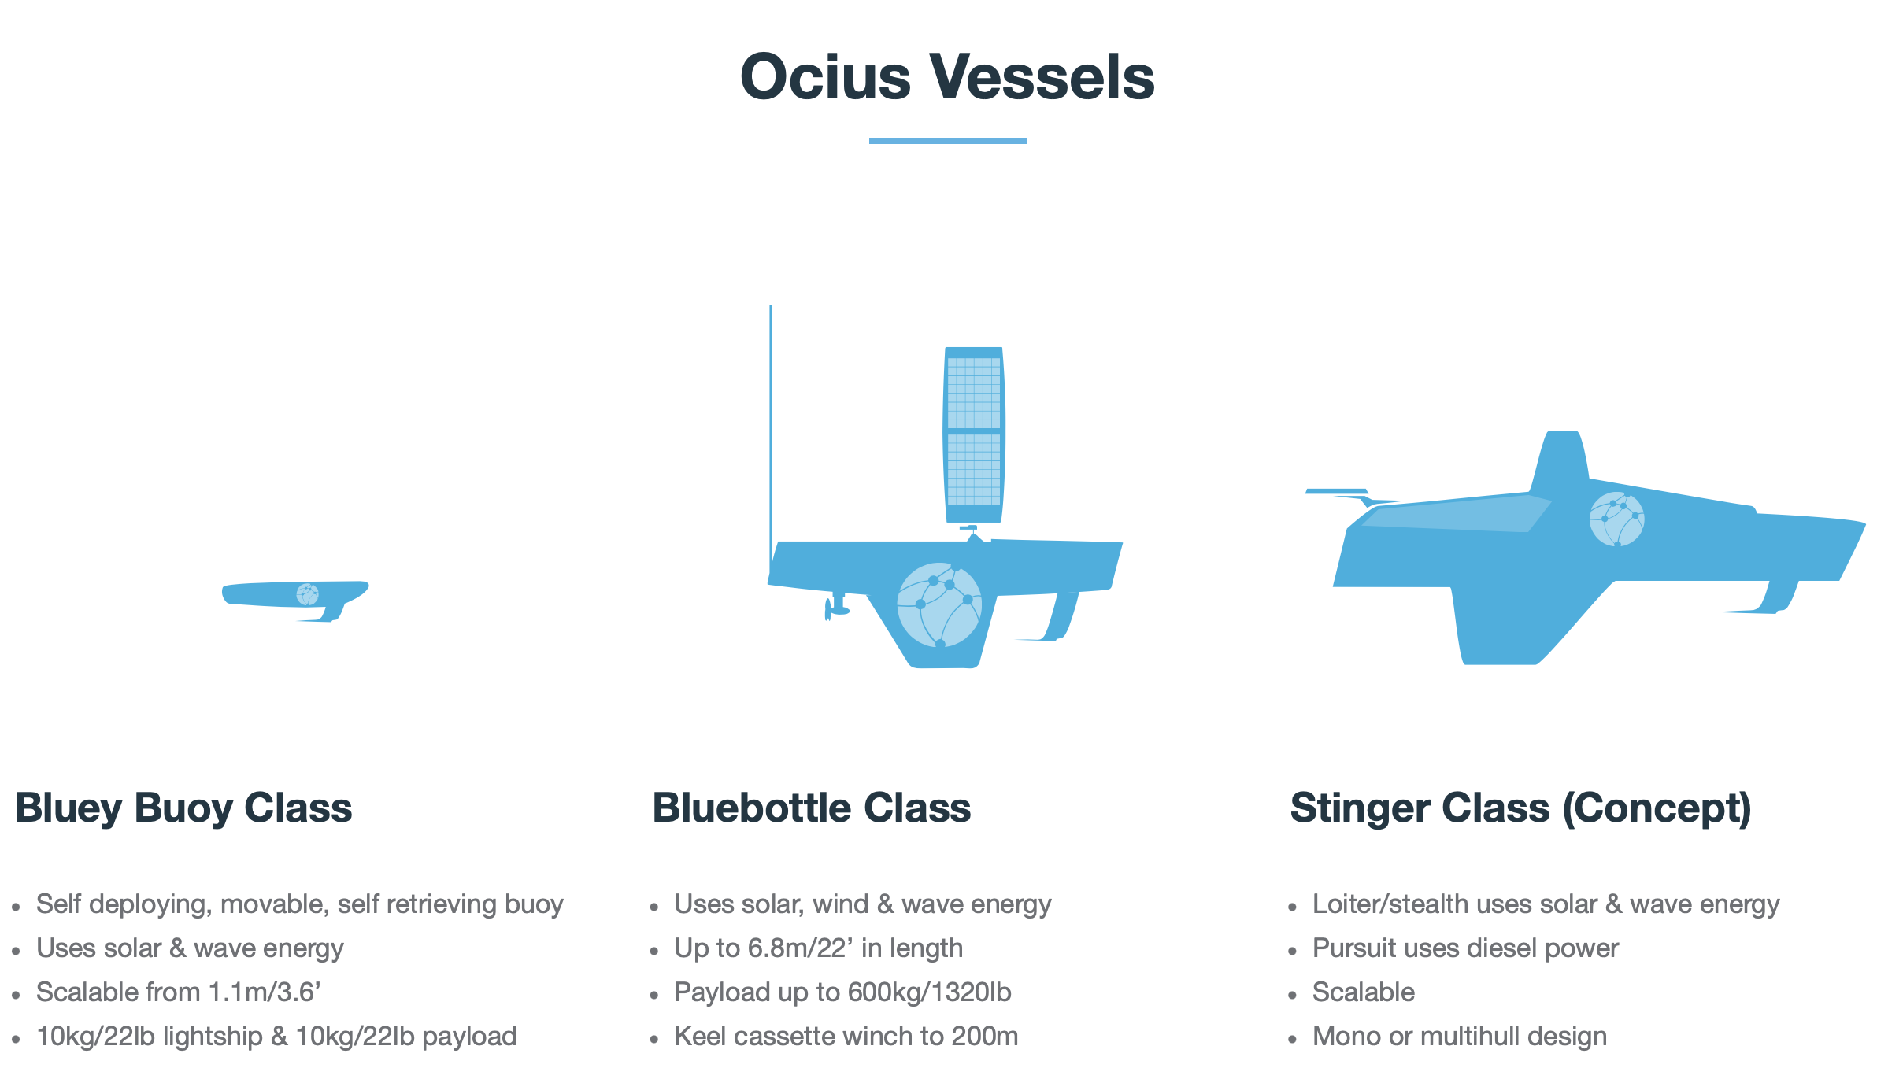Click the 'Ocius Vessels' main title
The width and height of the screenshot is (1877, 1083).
point(947,76)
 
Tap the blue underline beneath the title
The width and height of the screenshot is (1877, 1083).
point(947,141)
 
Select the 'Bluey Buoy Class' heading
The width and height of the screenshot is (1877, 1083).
point(183,808)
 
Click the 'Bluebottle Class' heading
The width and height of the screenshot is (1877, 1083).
point(812,808)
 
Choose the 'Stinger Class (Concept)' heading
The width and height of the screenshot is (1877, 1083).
point(1521,808)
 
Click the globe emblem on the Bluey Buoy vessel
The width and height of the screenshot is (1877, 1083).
point(307,594)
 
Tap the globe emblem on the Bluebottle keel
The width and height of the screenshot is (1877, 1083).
point(939,604)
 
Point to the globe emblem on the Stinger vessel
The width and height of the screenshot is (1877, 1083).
point(1617,519)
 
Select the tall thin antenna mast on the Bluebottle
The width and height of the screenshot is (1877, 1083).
point(770,441)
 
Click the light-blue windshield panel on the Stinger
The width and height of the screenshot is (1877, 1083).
point(1457,514)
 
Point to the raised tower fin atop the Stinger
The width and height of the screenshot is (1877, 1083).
point(1560,460)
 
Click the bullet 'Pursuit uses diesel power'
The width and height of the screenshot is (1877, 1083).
point(1465,948)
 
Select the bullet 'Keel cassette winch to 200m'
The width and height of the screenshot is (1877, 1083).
point(846,1037)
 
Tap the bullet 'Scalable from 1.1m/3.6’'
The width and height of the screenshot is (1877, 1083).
point(179,992)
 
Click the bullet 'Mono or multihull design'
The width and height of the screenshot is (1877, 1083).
point(1460,1037)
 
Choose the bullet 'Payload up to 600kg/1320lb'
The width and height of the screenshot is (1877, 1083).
point(842,992)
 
